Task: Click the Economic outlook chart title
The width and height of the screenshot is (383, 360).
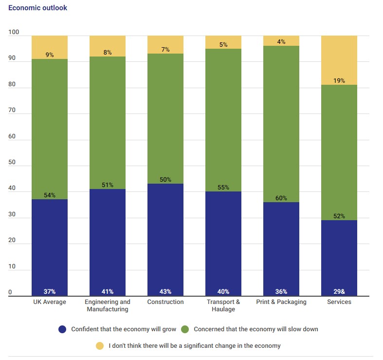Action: [x=37, y=8]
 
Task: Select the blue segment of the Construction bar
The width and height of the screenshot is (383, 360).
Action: [x=165, y=239]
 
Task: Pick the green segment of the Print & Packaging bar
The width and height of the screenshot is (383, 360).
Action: [x=281, y=122]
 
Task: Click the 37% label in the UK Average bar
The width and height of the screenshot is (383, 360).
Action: [x=50, y=292]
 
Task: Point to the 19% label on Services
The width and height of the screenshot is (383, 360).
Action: [x=339, y=81]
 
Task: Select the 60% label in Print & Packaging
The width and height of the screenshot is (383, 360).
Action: [x=281, y=198]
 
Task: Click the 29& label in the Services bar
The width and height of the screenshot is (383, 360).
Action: [x=339, y=292]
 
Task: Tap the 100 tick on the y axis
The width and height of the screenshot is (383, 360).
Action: [x=13, y=33]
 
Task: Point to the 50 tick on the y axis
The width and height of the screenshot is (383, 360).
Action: [x=12, y=163]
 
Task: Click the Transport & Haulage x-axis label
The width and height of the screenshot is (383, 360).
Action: [x=223, y=305]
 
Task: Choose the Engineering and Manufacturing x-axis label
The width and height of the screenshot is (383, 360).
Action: [x=108, y=305]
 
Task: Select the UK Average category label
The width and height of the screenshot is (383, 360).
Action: [x=50, y=302]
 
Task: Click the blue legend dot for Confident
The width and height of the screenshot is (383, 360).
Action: [x=62, y=329]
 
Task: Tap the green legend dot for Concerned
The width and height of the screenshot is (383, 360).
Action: [x=185, y=329]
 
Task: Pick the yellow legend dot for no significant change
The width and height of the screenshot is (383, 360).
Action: [x=100, y=346]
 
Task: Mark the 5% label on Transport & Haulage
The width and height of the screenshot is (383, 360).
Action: [x=223, y=45]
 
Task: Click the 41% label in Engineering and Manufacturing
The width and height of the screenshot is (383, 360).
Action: [x=108, y=292]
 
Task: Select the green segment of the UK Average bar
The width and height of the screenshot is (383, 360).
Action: [x=50, y=127]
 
